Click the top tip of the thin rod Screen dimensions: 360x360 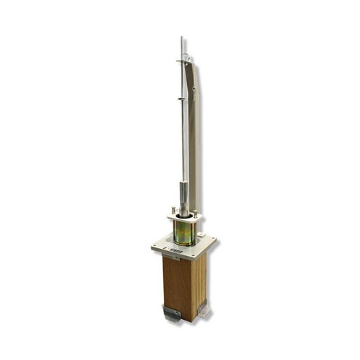(181, 38)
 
